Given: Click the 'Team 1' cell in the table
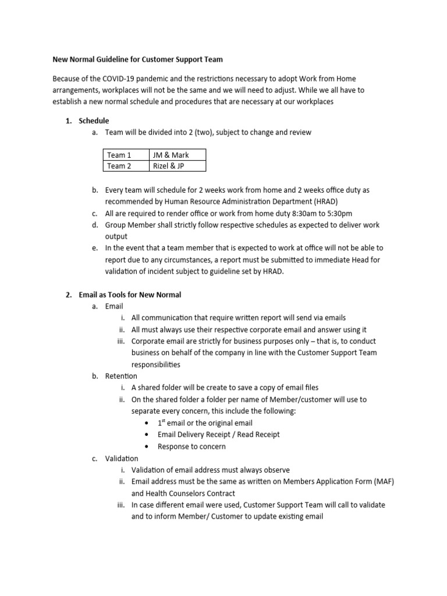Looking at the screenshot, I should point(119,155).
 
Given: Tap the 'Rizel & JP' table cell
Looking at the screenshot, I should point(169,166).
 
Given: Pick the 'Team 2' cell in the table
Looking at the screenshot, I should point(119,166).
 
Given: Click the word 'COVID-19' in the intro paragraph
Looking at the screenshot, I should point(121,79).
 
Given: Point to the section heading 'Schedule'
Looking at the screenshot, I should point(94,120).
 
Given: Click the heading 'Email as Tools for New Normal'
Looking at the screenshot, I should point(130,295).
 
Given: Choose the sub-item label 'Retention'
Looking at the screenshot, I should point(121,376).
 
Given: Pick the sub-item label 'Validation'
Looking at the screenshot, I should point(122,459).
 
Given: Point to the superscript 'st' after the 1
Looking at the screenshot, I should point(164,421).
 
